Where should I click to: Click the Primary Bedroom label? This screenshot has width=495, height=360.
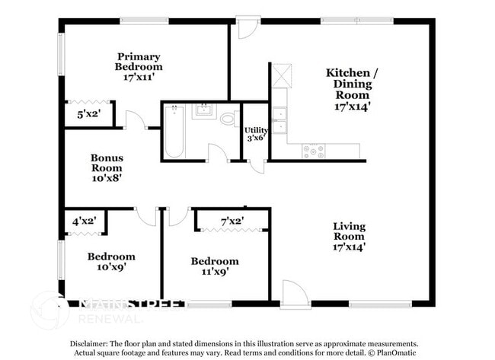[x=138, y=66]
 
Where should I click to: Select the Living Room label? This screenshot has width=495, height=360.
[x=350, y=236]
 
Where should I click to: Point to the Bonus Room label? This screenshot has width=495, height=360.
[x=107, y=167]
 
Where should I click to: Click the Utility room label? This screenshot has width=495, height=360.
[x=255, y=134]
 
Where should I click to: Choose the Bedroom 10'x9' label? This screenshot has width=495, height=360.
[x=111, y=261]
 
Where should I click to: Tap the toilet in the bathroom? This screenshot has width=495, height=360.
[x=227, y=119]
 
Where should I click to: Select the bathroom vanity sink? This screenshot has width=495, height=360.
[x=203, y=112]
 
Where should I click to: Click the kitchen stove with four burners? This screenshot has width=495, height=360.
[x=312, y=151]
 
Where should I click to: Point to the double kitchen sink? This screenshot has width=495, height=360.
[x=279, y=120]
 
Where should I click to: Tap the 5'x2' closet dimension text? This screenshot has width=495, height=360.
[x=90, y=114]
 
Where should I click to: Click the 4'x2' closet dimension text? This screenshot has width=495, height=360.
[x=84, y=223]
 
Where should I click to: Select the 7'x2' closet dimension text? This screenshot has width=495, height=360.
[x=232, y=221]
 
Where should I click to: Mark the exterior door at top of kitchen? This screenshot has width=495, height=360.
[x=247, y=28]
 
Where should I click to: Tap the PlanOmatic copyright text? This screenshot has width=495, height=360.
[x=393, y=353]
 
